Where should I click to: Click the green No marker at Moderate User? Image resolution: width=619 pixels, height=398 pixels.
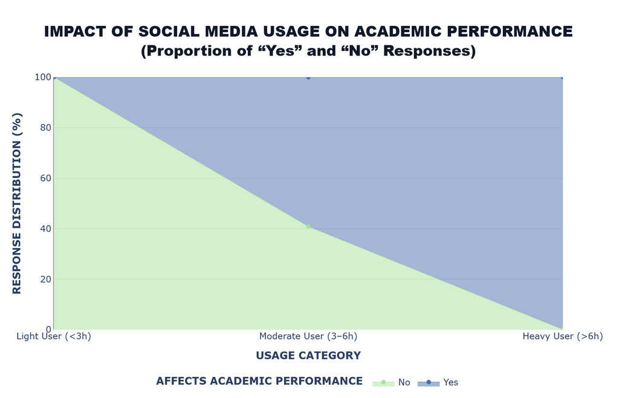coord(308,227)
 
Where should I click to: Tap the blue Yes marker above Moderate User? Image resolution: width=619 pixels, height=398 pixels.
coord(308,77)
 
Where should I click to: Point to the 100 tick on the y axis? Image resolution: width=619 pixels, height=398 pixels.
coord(43,77)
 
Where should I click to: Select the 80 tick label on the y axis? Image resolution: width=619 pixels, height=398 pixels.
coord(46,128)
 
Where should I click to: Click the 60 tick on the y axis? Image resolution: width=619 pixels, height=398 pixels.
coord(46,178)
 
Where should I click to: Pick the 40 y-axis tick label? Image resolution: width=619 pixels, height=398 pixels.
coord(46,229)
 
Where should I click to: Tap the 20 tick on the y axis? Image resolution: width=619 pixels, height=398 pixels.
coord(46,279)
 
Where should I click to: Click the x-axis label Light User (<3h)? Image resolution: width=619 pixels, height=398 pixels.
coord(54,336)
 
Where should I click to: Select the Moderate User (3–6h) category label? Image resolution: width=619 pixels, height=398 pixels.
coord(308,336)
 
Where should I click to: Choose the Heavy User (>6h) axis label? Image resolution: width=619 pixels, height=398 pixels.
coord(563,336)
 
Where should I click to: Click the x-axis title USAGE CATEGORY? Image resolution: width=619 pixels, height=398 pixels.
coord(308,356)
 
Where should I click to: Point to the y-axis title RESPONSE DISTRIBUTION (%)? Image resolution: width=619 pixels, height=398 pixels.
coord(17,203)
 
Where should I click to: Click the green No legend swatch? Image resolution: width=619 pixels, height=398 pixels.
coord(383,383)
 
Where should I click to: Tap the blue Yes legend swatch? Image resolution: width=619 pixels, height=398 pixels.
coord(429,383)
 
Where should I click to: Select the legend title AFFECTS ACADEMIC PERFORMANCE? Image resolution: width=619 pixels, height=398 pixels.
coord(259,381)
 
